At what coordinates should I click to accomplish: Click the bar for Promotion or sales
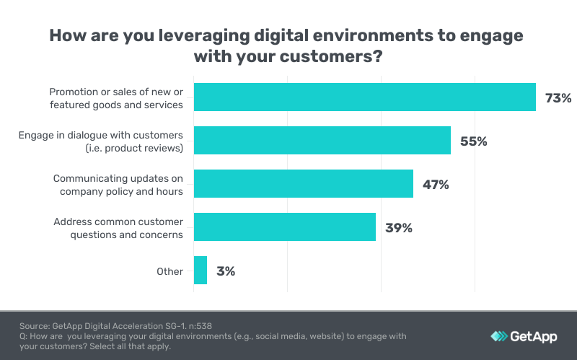click(x=364, y=97)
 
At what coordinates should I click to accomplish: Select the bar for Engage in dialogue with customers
click(x=322, y=141)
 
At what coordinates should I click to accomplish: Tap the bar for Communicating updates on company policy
click(x=303, y=184)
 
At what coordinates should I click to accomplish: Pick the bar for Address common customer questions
click(x=284, y=227)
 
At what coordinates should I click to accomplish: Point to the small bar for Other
click(x=200, y=271)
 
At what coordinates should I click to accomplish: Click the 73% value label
click(x=558, y=98)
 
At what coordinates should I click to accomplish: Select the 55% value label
click(x=473, y=141)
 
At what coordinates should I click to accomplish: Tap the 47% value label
click(x=436, y=185)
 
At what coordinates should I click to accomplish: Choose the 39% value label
click(x=398, y=228)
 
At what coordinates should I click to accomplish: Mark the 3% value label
click(x=226, y=271)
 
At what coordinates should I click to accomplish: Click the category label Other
click(x=170, y=271)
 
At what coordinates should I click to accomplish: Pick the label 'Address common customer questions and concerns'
click(x=118, y=228)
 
